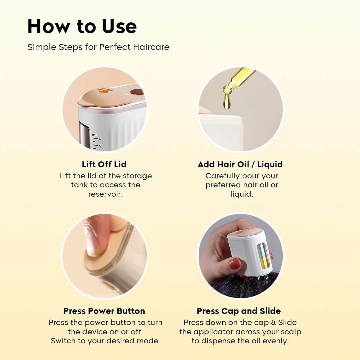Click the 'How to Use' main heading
click(82, 27)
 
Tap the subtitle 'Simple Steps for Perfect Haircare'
click(98, 47)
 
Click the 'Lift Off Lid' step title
click(104, 164)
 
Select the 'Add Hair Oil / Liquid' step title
click(240, 164)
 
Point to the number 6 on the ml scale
click(100, 139)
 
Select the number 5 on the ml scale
click(100, 146)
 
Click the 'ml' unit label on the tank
click(94, 135)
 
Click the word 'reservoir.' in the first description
click(106, 194)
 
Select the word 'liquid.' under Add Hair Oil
click(242, 194)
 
